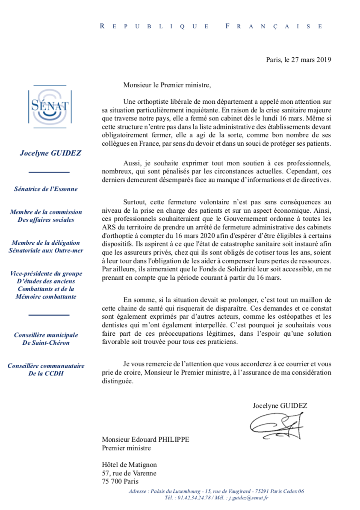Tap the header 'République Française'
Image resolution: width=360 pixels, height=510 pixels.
tap(211, 26)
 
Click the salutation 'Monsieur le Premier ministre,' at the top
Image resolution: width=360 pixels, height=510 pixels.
tap(167, 85)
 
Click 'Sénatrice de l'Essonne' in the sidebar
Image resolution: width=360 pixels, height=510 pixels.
tap(46, 188)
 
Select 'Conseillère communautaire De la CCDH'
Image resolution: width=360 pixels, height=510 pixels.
tap(46, 370)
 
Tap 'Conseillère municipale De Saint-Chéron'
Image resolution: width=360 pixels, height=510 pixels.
tap(46, 339)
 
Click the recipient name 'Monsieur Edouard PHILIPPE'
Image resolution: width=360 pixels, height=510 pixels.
tap(145, 440)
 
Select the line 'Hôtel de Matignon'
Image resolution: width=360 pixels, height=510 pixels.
tap(129, 465)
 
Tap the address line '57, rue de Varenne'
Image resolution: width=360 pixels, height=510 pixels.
tap(129, 473)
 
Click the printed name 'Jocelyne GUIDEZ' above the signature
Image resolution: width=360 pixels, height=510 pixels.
tap(280, 405)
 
